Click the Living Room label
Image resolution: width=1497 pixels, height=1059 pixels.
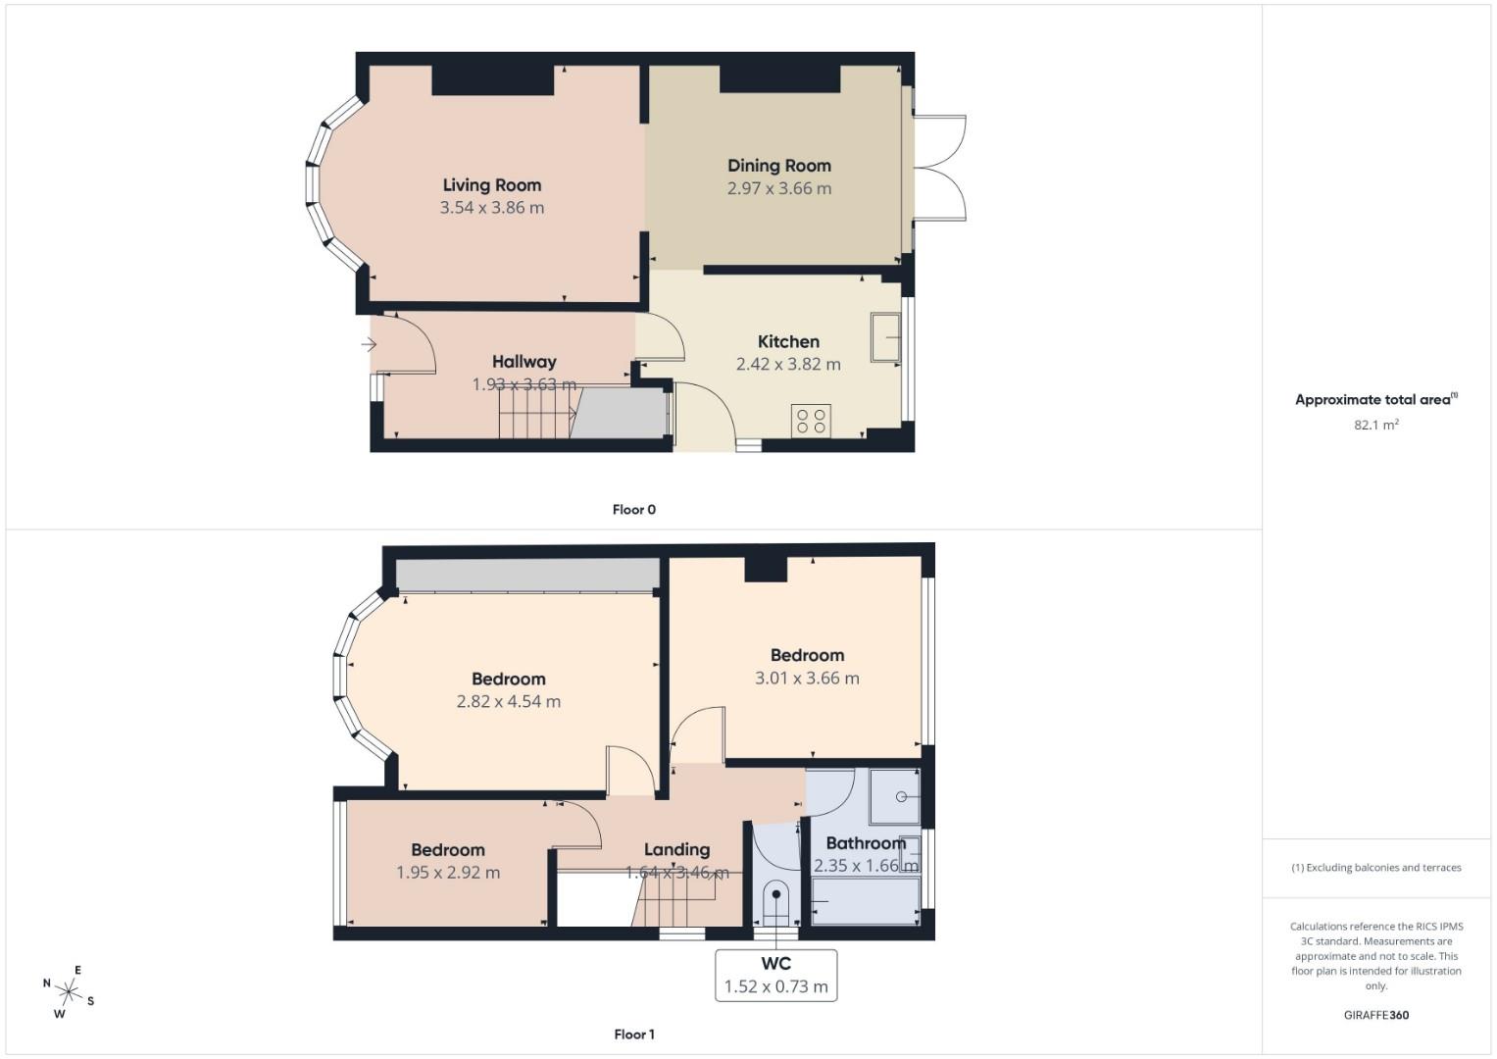491,185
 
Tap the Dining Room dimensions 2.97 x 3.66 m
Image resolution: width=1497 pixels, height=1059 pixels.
778,188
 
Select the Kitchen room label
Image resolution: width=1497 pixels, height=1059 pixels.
788,341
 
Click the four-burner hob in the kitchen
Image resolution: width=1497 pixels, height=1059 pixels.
811,421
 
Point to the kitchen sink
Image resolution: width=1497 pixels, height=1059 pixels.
885,337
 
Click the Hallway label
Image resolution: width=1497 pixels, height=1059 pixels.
524,362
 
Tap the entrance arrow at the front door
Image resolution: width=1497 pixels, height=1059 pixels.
369,344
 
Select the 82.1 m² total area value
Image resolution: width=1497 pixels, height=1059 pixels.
1375,425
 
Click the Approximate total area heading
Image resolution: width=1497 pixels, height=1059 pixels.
1375,400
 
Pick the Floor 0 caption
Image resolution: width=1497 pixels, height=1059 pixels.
633,510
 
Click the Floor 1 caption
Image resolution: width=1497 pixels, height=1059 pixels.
633,1034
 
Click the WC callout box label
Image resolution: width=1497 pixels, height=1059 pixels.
775,964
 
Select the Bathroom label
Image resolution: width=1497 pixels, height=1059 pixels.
865,843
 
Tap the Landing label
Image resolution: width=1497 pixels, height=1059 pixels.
676,850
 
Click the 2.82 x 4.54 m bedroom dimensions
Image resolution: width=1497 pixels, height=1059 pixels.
508,702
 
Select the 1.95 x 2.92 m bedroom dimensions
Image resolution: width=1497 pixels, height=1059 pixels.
448,873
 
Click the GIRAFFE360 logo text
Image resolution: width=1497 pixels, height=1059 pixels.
1375,1015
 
